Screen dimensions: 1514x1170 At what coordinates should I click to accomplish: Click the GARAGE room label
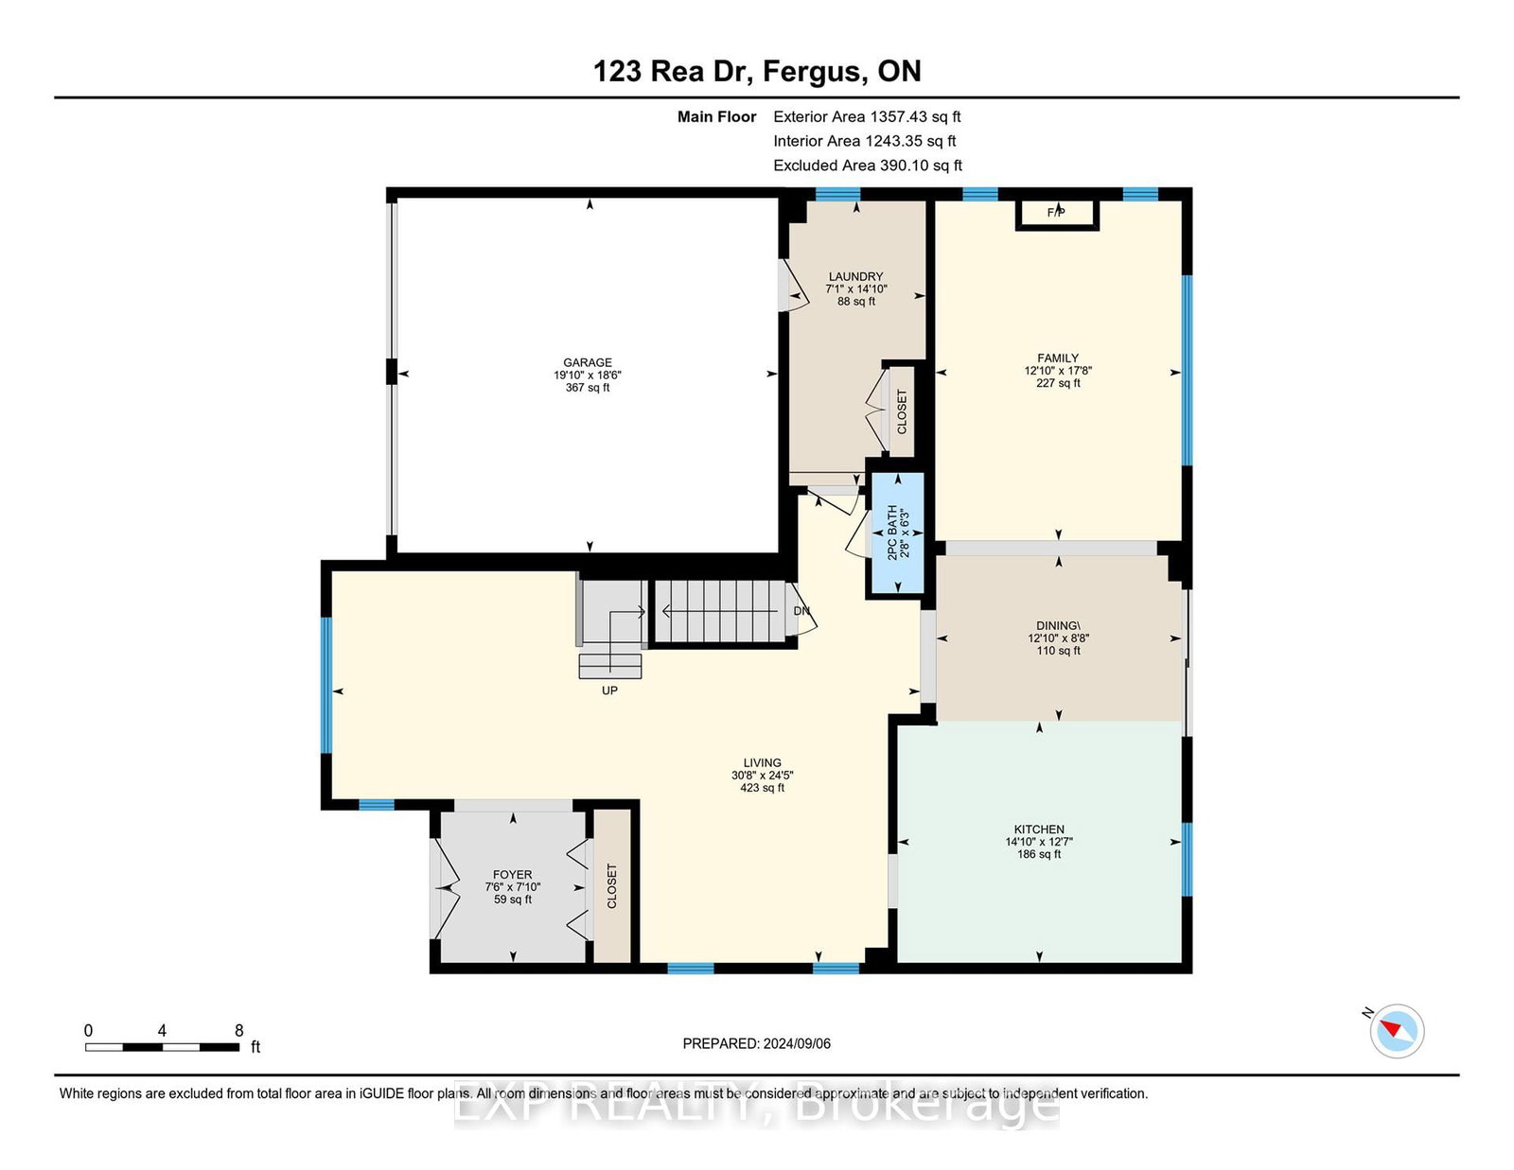[x=588, y=362]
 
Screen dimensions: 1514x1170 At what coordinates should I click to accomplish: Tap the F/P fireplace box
[x=1057, y=215]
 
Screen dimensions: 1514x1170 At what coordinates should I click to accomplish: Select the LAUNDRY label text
[x=855, y=276]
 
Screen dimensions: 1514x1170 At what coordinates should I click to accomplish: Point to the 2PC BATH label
[x=891, y=533]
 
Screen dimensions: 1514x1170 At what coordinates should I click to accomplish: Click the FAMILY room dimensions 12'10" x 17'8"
[x=1058, y=371]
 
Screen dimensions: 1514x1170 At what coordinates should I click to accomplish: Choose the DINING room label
[x=1058, y=625]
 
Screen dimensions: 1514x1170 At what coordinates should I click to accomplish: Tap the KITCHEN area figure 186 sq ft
[x=1039, y=854]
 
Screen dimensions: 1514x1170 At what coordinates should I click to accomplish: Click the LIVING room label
[x=763, y=762]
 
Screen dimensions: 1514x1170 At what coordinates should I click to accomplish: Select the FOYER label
[x=512, y=875]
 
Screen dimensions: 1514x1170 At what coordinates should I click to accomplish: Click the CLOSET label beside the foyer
[x=611, y=886]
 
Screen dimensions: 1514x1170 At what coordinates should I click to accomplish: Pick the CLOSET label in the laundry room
[x=902, y=411]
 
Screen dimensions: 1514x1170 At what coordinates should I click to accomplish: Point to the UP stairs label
[x=609, y=690]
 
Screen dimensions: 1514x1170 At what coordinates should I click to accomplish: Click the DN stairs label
[x=801, y=611]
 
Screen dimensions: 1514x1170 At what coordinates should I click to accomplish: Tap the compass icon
[x=1397, y=1031]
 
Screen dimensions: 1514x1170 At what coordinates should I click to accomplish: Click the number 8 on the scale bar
[x=239, y=1031]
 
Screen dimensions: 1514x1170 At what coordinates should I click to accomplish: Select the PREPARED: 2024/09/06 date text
[x=757, y=1044]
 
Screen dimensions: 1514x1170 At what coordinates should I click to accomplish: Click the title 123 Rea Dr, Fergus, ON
[x=757, y=71]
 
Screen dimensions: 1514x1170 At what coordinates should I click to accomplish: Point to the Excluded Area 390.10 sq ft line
[x=868, y=166]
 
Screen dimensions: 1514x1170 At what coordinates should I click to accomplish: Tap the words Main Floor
[x=717, y=116]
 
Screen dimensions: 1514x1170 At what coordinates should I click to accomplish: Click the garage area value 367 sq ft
[x=588, y=387]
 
